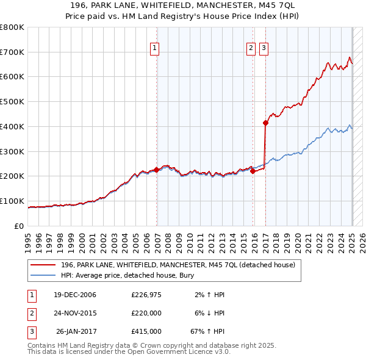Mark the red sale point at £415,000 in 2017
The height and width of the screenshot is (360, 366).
(266, 123)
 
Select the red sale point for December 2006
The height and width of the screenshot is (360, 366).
(157, 170)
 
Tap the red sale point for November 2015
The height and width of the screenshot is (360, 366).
(253, 171)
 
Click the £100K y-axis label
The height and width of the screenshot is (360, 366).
(12, 201)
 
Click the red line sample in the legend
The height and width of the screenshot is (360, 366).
(43, 265)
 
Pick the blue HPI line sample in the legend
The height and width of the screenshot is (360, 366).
(43, 275)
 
